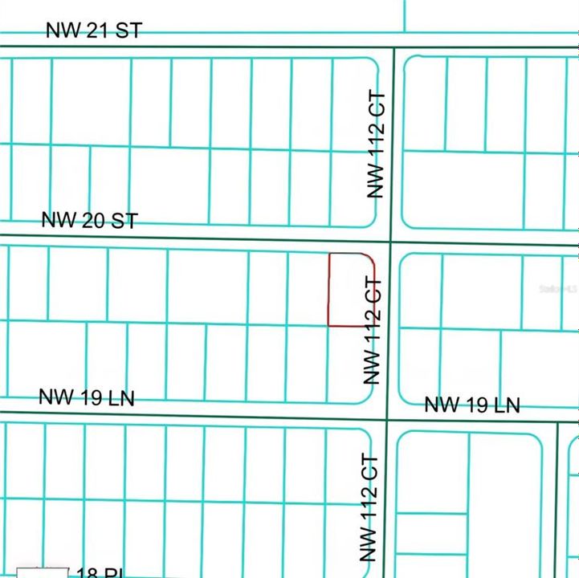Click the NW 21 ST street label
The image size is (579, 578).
tap(94, 31)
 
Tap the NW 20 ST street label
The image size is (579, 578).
tap(90, 220)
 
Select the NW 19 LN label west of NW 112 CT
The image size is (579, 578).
tap(87, 397)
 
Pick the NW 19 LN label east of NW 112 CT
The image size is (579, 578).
tap(471, 405)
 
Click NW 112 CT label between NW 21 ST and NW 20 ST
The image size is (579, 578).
tap(376, 145)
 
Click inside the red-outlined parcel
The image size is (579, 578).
tap(350, 290)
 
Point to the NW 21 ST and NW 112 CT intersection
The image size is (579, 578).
tap(393, 47)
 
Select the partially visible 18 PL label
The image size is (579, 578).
tap(100, 572)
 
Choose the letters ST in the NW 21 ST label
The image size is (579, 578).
tap(128, 31)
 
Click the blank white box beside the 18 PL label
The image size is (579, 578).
tap(43, 572)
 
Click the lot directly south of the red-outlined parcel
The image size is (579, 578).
tap(347, 364)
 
